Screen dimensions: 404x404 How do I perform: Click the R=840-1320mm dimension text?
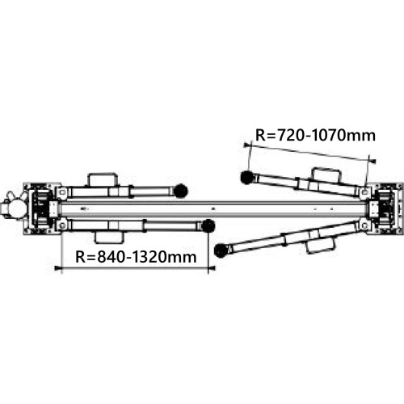(136, 257)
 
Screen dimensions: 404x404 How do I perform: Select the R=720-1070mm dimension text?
(315, 135)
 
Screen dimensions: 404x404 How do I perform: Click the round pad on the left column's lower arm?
(208, 225)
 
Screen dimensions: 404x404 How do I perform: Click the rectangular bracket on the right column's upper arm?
(326, 174)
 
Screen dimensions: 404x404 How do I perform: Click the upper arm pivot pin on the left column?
(61, 193)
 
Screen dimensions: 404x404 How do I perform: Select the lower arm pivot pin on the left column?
(61, 219)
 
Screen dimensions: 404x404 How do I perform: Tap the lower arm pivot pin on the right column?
(366, 220)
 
